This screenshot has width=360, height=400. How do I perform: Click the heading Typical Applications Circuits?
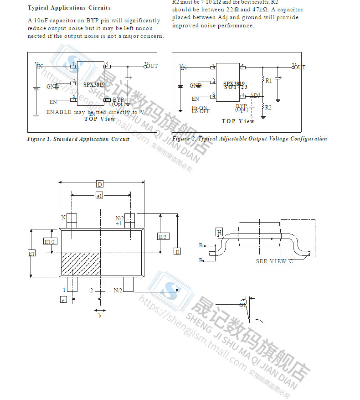pyautogui.click(x=69, y=8)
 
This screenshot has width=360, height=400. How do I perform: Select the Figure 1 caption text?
pyautogui.click(x=78, y=139)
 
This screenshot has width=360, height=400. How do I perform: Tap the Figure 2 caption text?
pyautogui.click(x=249, y=139)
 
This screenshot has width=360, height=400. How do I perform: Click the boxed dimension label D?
pyautogui.click(x=99, y=184)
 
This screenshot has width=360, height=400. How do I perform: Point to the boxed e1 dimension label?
pyautogui.click(x=99, y=196)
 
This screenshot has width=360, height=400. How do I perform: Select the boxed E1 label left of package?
pyautogui.click(x=31, y=253)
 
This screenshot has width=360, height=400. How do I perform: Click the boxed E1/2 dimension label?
pyautogui.click(x=49, y=241)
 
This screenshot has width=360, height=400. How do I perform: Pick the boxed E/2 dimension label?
pyautogui.click(x=162, y=236)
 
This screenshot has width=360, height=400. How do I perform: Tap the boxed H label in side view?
pyautogui.click(x=219, y=233)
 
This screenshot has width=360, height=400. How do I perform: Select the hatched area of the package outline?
pyautogui.click(x=81, y=264)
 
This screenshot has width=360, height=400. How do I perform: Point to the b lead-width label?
pyautogui.click(x=99, y=315)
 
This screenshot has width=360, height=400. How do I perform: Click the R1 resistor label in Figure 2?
pyautogui.click(x=268, y=80)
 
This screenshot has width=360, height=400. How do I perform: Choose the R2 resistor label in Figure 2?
pyautogui.click(x=268, y=107)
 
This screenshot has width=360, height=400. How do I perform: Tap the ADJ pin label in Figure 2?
pyautogui.click(x=255, y=95)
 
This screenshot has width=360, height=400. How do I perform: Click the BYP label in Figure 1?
pyautogui.click(x=118, y=99)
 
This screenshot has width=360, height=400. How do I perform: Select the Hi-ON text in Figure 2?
pyautogui.click(x=200, y=108)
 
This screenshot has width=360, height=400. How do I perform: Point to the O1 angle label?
pyautogui.click(x=242, y=304)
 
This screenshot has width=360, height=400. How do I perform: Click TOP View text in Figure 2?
pyautogui.click(x=238, y=121)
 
